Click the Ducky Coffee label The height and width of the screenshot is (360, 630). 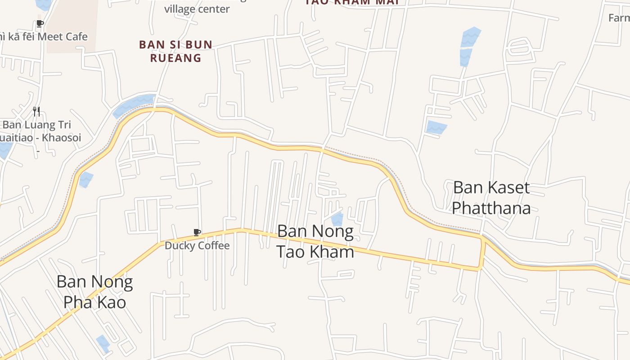coord(197,246)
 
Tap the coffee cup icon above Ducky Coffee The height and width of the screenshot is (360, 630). coord(197,232)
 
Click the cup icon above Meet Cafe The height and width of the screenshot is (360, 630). coord(40,23)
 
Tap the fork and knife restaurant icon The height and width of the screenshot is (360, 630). coord(37,111)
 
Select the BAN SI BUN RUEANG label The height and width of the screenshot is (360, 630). coord(175,51)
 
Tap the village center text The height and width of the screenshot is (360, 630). coord(197,9)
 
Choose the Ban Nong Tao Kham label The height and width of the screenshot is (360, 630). coord(315,241)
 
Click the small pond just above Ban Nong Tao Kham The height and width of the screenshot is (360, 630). coord(337,220)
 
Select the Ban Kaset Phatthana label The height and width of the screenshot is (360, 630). coord(491,198)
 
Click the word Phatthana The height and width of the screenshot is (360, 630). coord(491,208)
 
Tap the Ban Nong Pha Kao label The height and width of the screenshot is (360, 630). coord(94,292)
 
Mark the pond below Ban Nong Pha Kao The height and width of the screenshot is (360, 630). coord(103,343)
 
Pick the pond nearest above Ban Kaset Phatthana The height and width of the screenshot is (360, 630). coord(436,127)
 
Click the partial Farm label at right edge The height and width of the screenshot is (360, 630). coord(619,18)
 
